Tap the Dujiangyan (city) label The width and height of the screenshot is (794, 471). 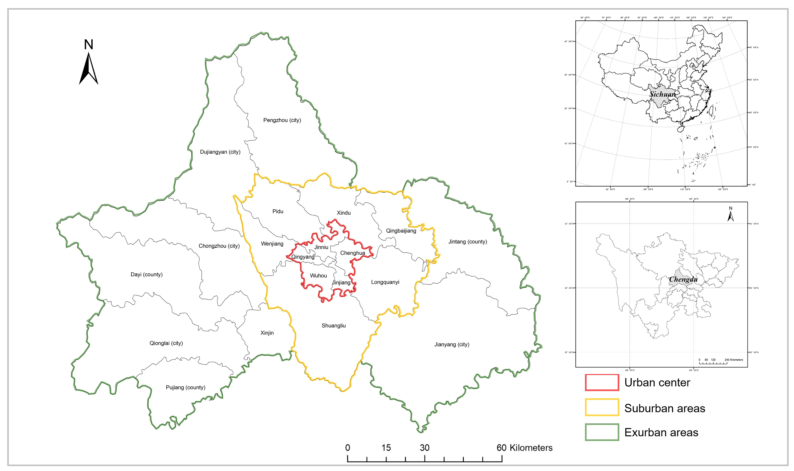click(x=220, y=152)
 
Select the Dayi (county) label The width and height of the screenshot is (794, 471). click(x=147, y=274)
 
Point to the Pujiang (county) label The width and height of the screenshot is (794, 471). click(x=186, y=387)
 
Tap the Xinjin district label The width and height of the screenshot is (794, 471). click(x=267, y=333)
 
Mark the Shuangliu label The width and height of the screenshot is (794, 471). click(x=334, y=325)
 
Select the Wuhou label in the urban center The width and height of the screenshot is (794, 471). click(x=318, y=276)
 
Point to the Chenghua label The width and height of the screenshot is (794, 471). click(x=352, y=253)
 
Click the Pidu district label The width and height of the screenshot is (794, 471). click(x=278, y=211)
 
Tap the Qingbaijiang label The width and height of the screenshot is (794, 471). click(x=401, y=231)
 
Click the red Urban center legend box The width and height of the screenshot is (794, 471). click(x=602, y=382)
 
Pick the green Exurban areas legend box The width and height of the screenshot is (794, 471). click(x=602, y=432)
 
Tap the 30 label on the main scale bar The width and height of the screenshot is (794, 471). click(x=424, y=448)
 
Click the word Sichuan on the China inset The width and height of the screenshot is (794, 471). click(x=663, y=94)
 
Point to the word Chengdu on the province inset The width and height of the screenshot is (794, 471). click(x=683, y=279)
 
